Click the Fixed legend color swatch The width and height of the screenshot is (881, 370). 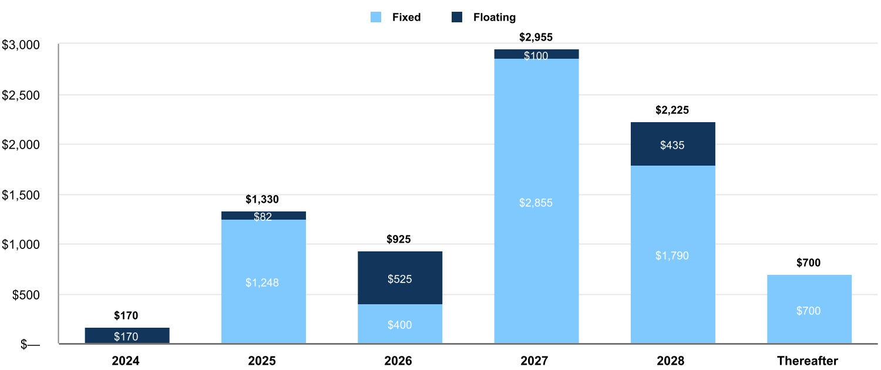point(376,18)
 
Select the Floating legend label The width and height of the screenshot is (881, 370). point(495,18)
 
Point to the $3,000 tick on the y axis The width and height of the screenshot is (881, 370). point(21,45)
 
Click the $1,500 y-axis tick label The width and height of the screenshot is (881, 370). point(21,195)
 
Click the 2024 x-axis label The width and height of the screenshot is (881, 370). point(127,361)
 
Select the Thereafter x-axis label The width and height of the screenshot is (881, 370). point(808,361)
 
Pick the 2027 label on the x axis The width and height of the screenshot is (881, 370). point(536,361)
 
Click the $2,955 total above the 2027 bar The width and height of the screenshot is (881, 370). point(536,38)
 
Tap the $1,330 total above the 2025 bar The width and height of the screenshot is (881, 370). point(263,200)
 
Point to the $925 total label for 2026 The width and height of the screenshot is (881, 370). point(399,240)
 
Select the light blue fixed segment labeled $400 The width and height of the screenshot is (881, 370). point(399,324)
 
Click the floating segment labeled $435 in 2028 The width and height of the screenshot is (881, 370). point(672,144)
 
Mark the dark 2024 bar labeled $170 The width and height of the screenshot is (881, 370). point(127,336)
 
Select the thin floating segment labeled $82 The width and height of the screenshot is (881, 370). point(263,216)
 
